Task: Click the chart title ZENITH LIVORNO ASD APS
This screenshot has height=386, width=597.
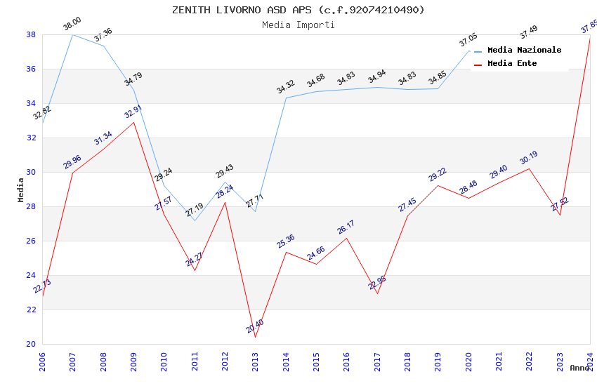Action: [298, 10]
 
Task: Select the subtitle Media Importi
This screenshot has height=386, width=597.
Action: [298, 25]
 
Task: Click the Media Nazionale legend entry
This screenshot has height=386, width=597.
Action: [524, 51]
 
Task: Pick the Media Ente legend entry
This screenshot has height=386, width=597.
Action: [512, 64]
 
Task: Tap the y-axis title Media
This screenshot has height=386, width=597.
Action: [21, 189]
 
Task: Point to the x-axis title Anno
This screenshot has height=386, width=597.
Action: [579, 368]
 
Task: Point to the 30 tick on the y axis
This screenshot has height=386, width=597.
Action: [31, 172]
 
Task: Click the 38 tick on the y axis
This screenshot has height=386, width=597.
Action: [31, 34]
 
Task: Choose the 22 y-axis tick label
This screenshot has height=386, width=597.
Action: [31, 310]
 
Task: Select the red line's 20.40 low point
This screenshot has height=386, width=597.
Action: [255, 337]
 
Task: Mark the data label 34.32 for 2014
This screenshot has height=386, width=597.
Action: [285, 87]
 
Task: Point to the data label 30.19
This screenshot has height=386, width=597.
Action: [528, 158]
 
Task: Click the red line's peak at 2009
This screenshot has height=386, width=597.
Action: [133, 122]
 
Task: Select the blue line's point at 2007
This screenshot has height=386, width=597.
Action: [73, 34]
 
